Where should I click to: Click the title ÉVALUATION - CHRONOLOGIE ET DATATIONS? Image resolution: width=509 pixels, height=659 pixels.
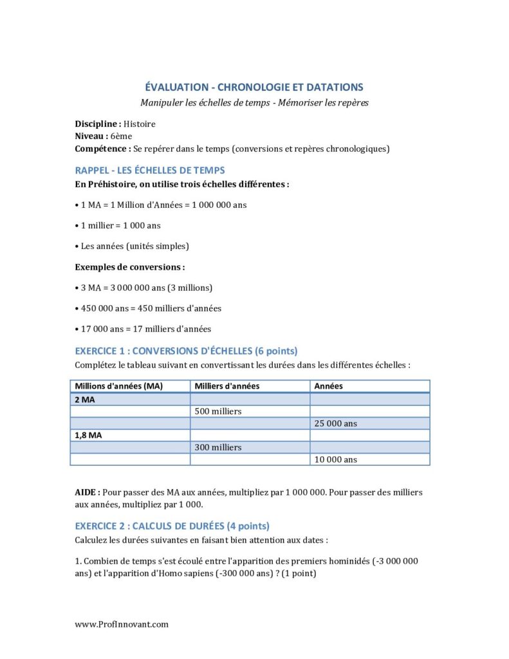[254, 87]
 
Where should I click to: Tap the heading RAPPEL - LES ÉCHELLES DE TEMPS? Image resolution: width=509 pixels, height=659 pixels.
[150, 171]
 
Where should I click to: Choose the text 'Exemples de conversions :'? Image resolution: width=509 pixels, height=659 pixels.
[130, 266]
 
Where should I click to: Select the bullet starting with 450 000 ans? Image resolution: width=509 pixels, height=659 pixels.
[148, 308]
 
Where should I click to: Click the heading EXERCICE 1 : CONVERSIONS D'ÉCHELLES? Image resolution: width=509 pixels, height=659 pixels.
[186, 351]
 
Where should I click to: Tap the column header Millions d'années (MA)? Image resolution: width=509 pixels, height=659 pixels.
[119, 386]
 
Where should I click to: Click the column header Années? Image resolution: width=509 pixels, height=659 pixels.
[328, 386]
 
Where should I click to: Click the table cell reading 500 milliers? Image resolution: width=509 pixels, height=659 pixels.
[217, 411]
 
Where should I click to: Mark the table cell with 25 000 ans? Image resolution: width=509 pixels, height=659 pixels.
[336, 423]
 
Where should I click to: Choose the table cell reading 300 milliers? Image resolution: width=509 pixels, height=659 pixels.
[217, 447]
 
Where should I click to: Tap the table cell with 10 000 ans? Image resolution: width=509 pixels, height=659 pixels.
[336, 459]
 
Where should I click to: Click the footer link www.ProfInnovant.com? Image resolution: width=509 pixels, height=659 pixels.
[122, 624]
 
